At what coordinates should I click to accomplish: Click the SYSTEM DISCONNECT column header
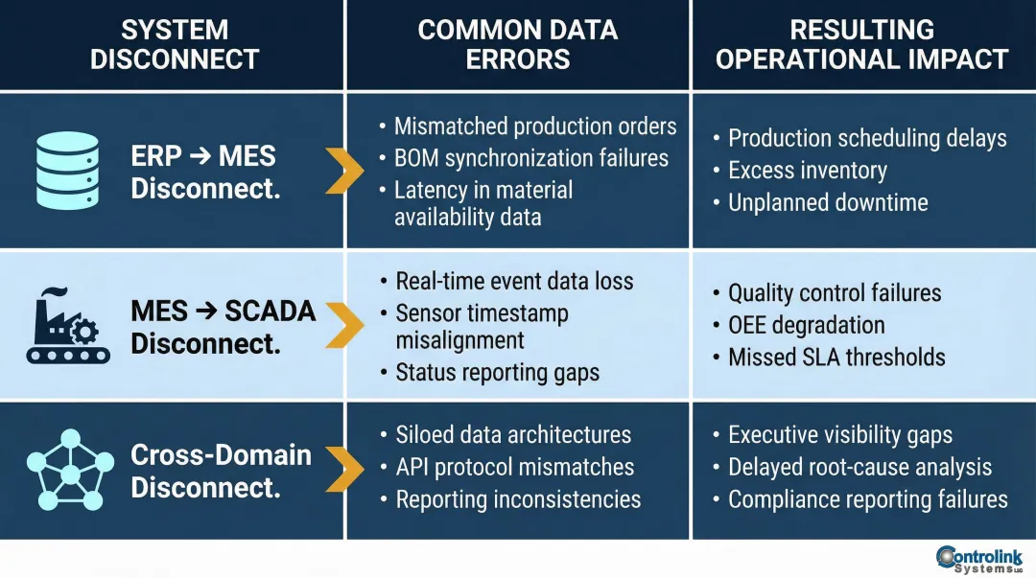point(174,44)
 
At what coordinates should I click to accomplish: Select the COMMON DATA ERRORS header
point(518,44)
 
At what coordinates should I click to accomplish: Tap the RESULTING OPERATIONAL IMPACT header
point(861,44)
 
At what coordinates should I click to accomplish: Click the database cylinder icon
point(66,171)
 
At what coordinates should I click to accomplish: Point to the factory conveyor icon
point(66,326)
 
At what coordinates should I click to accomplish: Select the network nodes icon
point(66,469)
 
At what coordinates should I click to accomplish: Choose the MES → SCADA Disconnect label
point(223,327)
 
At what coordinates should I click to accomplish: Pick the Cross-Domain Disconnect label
point(221,470)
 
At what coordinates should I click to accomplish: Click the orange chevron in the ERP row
point(344,172)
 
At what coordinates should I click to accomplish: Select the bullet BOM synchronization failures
point(530,158)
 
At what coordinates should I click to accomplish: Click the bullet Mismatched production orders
point(534,127)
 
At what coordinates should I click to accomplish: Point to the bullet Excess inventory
point(807,171)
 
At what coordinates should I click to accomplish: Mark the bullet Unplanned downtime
point(827,202)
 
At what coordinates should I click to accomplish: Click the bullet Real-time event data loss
point(514,281)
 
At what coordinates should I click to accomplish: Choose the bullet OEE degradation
point(806,325)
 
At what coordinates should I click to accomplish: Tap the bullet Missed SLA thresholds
point(836,358)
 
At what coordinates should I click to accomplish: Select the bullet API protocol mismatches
point(514,467)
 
